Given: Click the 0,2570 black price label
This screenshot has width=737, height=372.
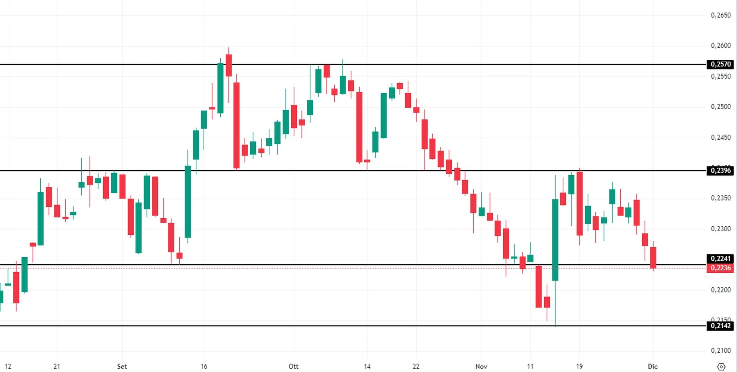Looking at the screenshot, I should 720,64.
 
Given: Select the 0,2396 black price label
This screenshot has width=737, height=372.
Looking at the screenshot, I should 720,171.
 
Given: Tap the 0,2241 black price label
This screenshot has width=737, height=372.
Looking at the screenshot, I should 720,258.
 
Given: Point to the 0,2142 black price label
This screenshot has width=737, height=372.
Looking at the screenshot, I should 720,326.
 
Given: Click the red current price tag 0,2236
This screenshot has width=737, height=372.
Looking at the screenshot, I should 720,268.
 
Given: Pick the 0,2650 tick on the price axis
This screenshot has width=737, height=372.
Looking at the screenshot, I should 720,15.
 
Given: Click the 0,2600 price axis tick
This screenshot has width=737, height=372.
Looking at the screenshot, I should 720,46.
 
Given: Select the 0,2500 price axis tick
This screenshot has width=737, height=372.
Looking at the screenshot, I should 720,107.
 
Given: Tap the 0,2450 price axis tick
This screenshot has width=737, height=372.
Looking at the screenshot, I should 720,137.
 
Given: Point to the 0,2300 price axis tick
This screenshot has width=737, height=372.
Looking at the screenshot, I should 720,229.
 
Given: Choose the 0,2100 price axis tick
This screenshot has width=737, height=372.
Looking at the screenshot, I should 720,351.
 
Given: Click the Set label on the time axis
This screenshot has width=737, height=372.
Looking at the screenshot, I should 122,366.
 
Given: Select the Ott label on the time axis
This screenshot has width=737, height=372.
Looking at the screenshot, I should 294,366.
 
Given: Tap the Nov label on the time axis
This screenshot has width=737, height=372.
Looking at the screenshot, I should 481,366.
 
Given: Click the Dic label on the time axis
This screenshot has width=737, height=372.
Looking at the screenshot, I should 653,366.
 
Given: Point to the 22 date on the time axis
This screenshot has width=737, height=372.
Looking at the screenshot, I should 416,366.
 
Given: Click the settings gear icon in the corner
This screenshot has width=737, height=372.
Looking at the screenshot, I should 721,367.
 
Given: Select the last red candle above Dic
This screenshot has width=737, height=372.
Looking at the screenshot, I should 653,258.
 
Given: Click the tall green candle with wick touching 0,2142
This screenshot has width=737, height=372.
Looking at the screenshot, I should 555,240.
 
